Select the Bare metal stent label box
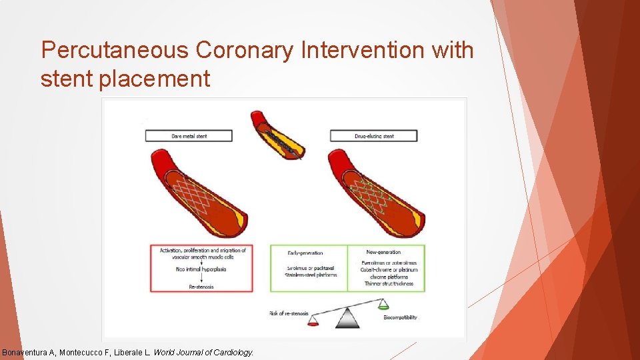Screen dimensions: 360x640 click(189, 136)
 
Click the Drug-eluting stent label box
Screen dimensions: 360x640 click(373, 136)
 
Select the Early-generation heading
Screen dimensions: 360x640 click(305, 253)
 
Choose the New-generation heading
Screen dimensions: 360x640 click(384, 252)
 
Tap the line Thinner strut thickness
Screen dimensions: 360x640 click(389, 283)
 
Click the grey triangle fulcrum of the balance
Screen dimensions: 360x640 click(347, 319)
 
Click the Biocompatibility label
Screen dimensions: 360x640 click(400, 317)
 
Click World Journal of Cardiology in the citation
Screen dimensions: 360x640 click(203, 352)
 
